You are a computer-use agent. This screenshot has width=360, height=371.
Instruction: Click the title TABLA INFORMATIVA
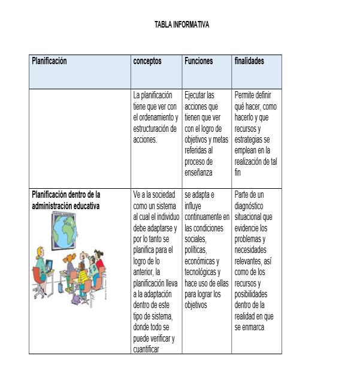point(181,25)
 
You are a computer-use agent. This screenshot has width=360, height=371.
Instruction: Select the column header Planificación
point(49,61)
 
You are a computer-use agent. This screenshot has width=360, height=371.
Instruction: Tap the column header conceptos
point(147,61)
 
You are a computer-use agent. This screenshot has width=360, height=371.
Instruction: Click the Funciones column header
point(198,61)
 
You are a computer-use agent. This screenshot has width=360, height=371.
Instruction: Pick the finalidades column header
point(249,61)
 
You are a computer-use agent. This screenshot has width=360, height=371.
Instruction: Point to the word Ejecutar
point(196,95)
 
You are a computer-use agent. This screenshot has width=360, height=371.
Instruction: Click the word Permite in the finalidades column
point(245,95)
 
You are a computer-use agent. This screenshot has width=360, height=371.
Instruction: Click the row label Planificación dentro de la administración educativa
point(66,200)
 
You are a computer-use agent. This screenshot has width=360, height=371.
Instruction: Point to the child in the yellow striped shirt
point(83,276)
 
